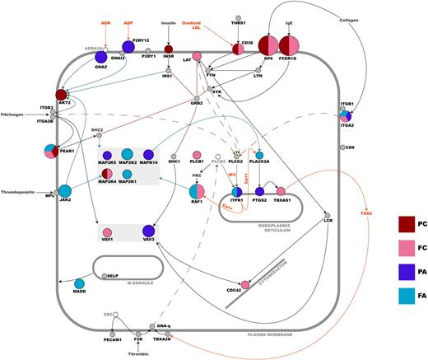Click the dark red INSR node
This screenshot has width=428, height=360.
tap(168, 50)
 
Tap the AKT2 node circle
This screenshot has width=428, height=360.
tap(62, 96)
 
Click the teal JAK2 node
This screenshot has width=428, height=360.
tap(64, 192)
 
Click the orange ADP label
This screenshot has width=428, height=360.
tap(128, 23)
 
